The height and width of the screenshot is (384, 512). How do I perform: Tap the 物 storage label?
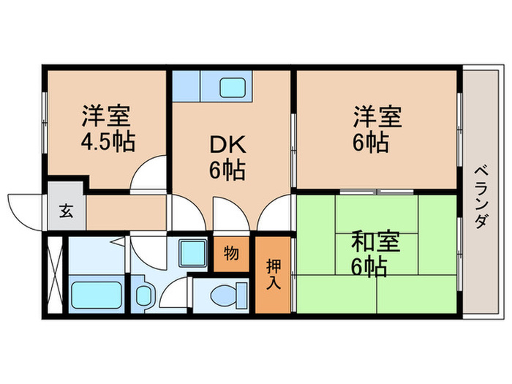[x=230, y=254]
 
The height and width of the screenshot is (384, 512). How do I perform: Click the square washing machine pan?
[x=194, y=255]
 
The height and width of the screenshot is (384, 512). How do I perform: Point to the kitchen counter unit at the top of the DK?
[x=212, y=86]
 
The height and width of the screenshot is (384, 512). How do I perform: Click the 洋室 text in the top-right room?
[x=378, y=117]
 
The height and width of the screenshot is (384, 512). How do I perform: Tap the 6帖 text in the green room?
[x=369, y=267]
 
